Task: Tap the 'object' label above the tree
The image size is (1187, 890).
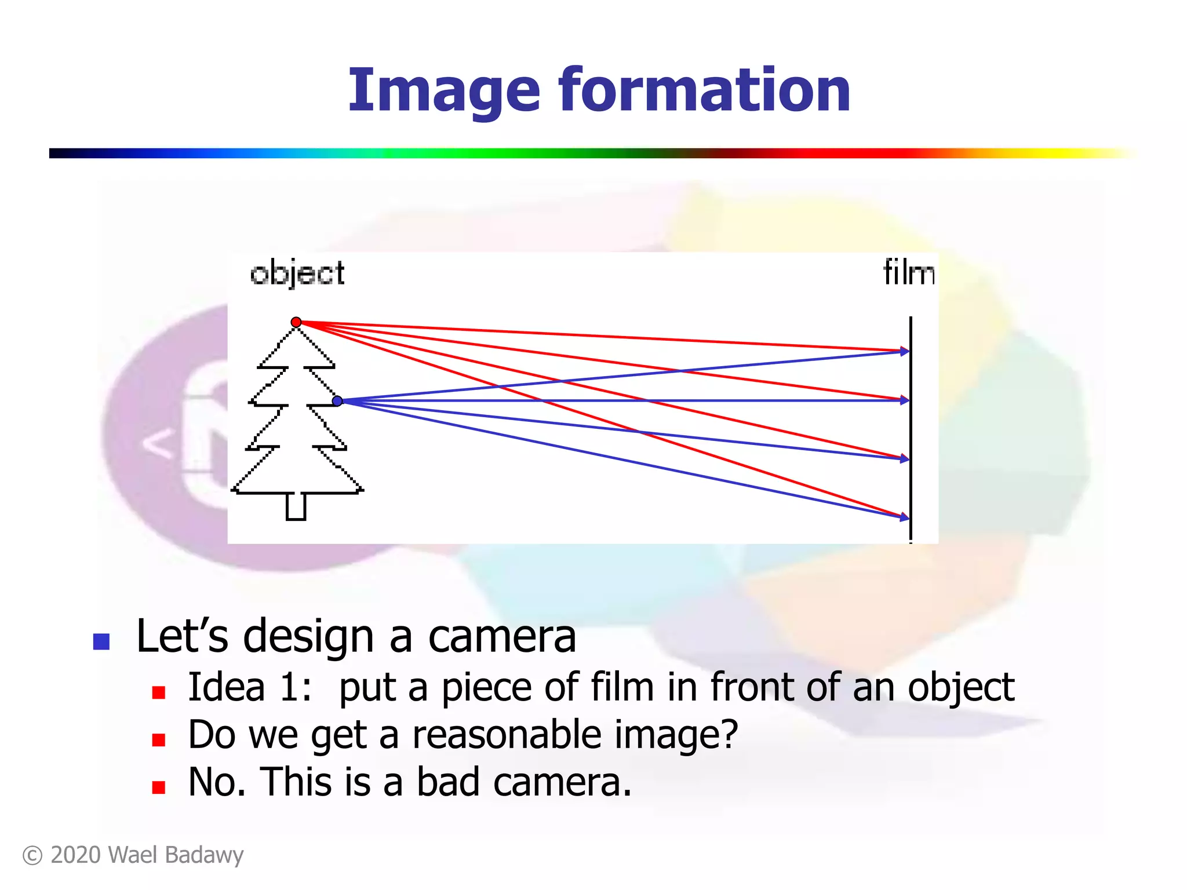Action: click(x=297, y=273)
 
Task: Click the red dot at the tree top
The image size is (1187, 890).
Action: click(x=296, y=322)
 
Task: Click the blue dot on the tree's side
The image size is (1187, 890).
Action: click(x=337, y=401)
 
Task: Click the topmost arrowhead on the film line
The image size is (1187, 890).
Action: click(x=904, y=351)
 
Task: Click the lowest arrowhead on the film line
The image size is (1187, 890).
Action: click(x=904, y=517)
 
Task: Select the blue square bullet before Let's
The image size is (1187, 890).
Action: click(x=101, y=641)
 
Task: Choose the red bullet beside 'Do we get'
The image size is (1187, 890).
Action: click(x=159, y=740)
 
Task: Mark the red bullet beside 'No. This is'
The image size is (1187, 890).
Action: click(x=159, y=787)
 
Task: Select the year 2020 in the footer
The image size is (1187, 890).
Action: click(x=75, y=855)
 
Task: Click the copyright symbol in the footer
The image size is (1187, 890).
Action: click(x=32, y=856)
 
